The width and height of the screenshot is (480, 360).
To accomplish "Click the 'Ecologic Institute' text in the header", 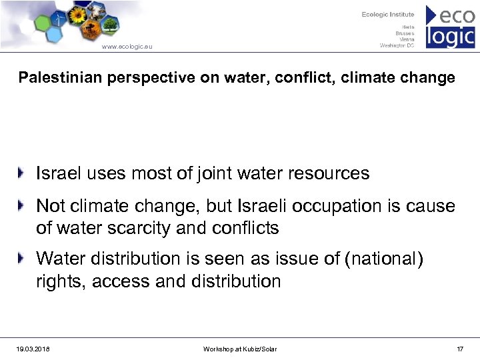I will [388, 15].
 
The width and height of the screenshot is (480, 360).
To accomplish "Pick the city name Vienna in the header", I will [406, 39].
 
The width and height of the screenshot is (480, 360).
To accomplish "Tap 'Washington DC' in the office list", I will [397, 46].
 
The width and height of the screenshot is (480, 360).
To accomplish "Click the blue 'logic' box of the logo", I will [451, 36].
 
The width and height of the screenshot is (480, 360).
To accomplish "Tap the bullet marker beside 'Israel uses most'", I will [23, 173].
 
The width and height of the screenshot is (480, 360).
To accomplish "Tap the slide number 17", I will [460, 349].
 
